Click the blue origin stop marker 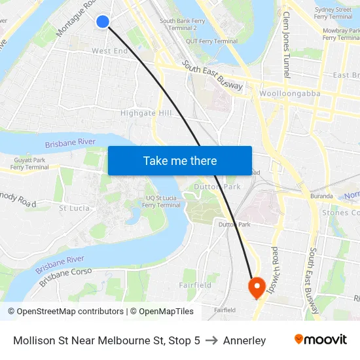[x=103, y=22]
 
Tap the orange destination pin [x=255, y=286]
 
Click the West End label [x=110, y=51]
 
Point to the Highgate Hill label [x=146, y=113]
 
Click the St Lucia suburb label [x=75, y=208]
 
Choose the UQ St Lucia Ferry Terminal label [x=161, y=201]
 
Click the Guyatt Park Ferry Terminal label [x=31, y=164]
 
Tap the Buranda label [x=321, y=196]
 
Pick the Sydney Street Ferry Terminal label [x=333, y=13]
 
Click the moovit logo [x=320, y=340]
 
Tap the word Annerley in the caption [x=244, y=340]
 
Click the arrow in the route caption [x=211, y=340]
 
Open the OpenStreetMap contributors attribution [x=70, y=312]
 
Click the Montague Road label [x=76, y=19]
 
